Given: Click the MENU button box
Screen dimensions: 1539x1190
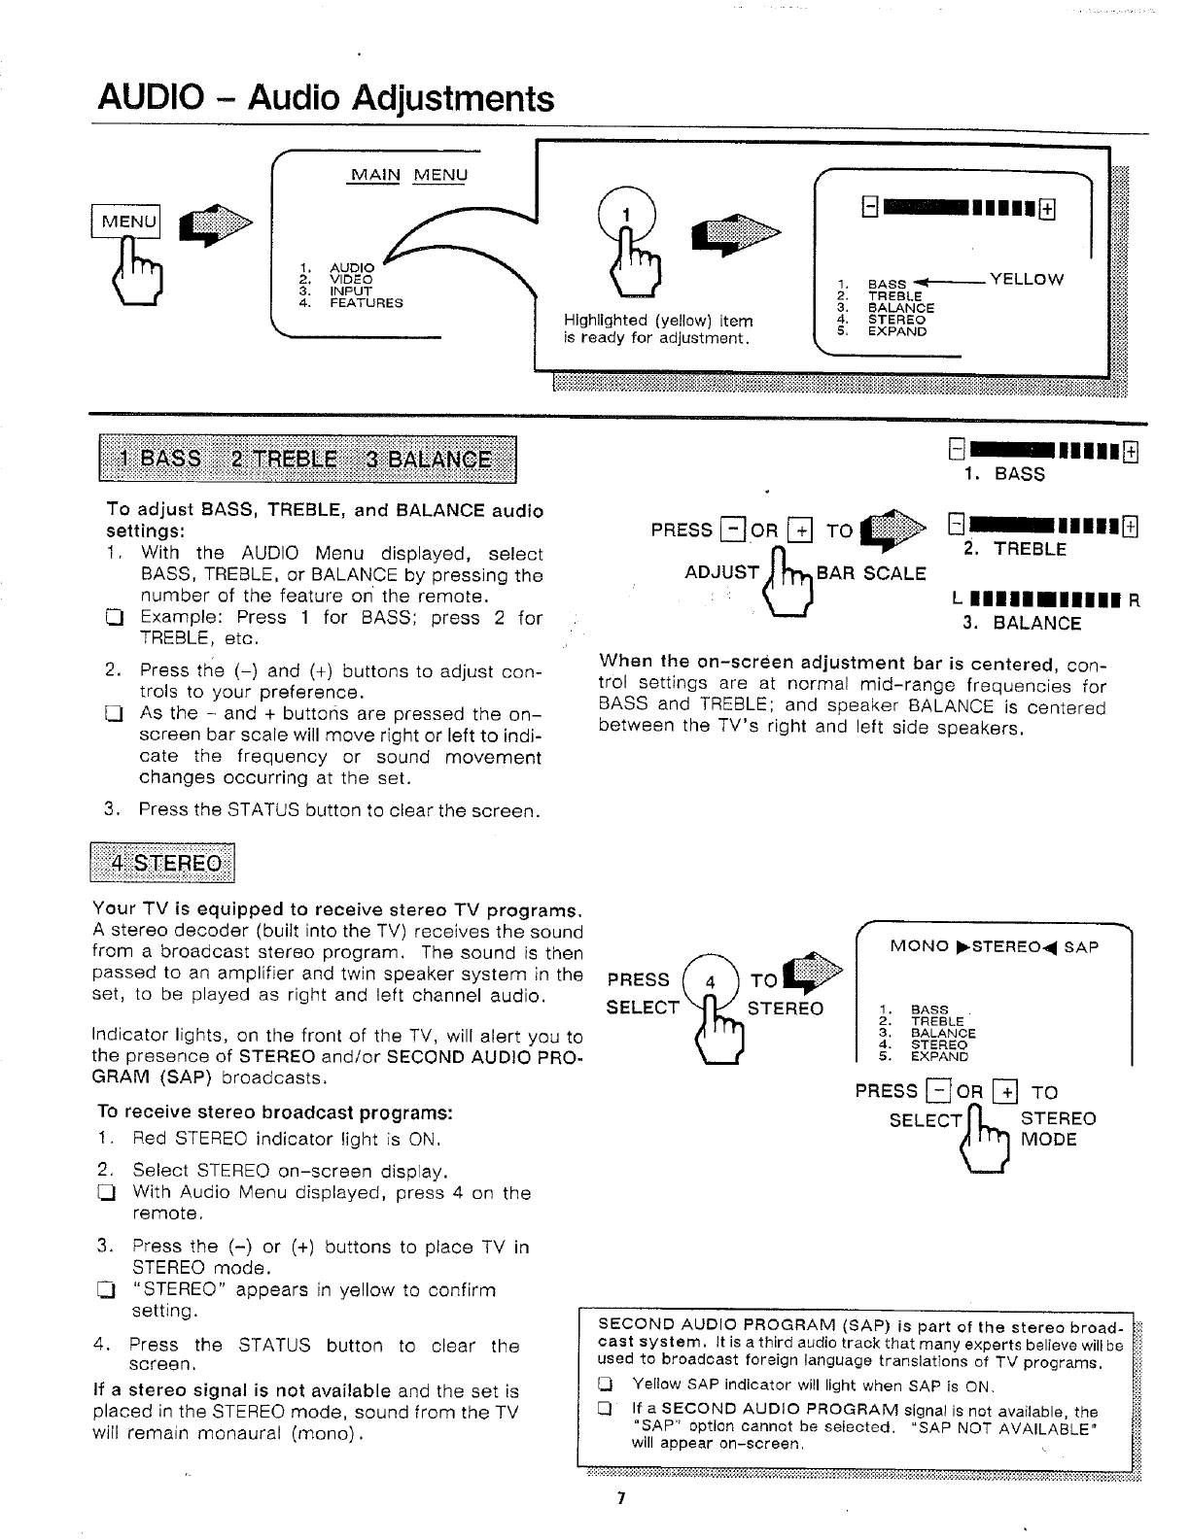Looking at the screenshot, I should pyautogui.click(x=125, y=222).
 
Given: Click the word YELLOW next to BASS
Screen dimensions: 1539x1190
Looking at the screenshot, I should pyautogui.click(x=1026, y=280).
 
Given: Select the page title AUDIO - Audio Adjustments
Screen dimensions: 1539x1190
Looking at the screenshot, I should pyautogui.click(x=326, y=99).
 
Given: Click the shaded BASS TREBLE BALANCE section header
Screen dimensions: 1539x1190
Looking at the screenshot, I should pyautogui.click(x=304, y=460).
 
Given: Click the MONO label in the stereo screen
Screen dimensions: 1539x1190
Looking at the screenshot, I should pyautogui.click(x=920, y=946).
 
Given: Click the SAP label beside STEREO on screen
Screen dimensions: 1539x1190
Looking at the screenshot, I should pyautogui.click(x=1081, y=946).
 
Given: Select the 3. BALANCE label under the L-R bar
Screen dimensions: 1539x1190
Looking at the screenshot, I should pyautogui.click(x=1022, y=624).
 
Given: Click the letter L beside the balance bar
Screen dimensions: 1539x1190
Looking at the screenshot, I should pyautogui.click(x=959, y=600).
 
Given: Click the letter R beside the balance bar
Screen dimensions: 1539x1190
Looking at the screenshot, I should pyautogui.click(x=1134, y=600).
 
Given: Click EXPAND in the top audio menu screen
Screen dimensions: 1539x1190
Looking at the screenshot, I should pyautogui.click(x=896, y=331).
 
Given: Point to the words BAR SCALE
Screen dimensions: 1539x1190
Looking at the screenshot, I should pyautogui.click(x=871, y=573).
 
